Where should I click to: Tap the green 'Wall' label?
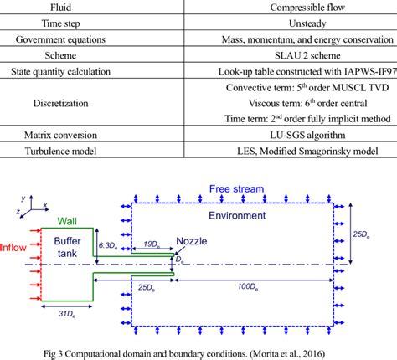[66, 221]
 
